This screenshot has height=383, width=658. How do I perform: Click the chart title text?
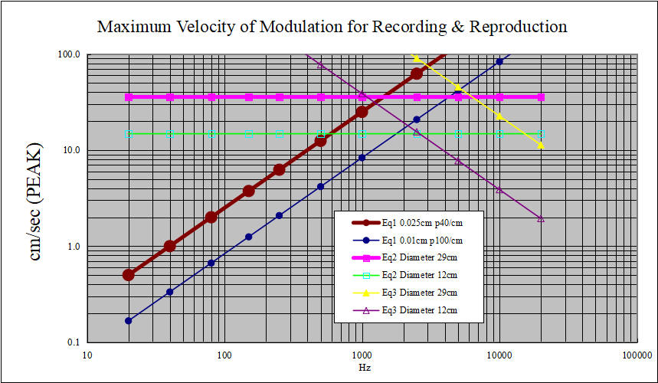(332, 27)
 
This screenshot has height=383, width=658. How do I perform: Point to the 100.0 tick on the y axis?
(70, 55)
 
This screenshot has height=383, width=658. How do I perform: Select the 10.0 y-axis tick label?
(71, 151)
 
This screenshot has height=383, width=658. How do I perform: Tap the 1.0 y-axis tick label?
(74, 247)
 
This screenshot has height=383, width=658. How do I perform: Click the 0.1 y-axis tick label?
(74, 342)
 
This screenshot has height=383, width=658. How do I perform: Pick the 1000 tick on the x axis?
(362, 355)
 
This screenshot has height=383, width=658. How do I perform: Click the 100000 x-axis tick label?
(636, 355)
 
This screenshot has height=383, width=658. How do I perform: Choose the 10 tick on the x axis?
(87, 355)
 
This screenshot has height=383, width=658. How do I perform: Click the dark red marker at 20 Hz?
(129, 275)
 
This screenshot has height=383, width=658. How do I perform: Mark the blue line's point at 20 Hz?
(129, 320)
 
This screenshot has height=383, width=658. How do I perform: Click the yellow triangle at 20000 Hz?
(541, 145)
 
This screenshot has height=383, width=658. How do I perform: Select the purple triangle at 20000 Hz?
(541, 218)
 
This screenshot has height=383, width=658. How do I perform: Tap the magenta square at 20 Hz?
(129, 97)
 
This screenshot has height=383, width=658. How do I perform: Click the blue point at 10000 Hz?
(499, 61)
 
